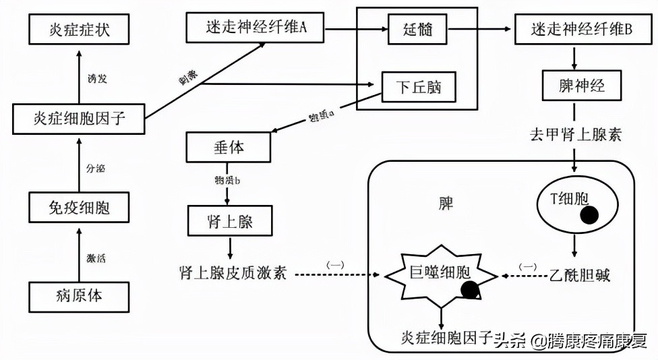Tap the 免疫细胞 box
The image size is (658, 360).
[80, 208]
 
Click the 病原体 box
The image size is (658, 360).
[80, 296]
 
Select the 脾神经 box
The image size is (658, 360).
[574, 86]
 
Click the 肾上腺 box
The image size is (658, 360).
[229, 220]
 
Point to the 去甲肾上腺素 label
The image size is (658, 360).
[575, 134]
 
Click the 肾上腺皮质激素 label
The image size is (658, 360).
[233, 273]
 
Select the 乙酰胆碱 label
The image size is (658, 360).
[580, 275]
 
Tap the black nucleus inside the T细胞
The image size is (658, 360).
[589, 215]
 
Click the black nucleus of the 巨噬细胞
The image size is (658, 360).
[470, 289]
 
